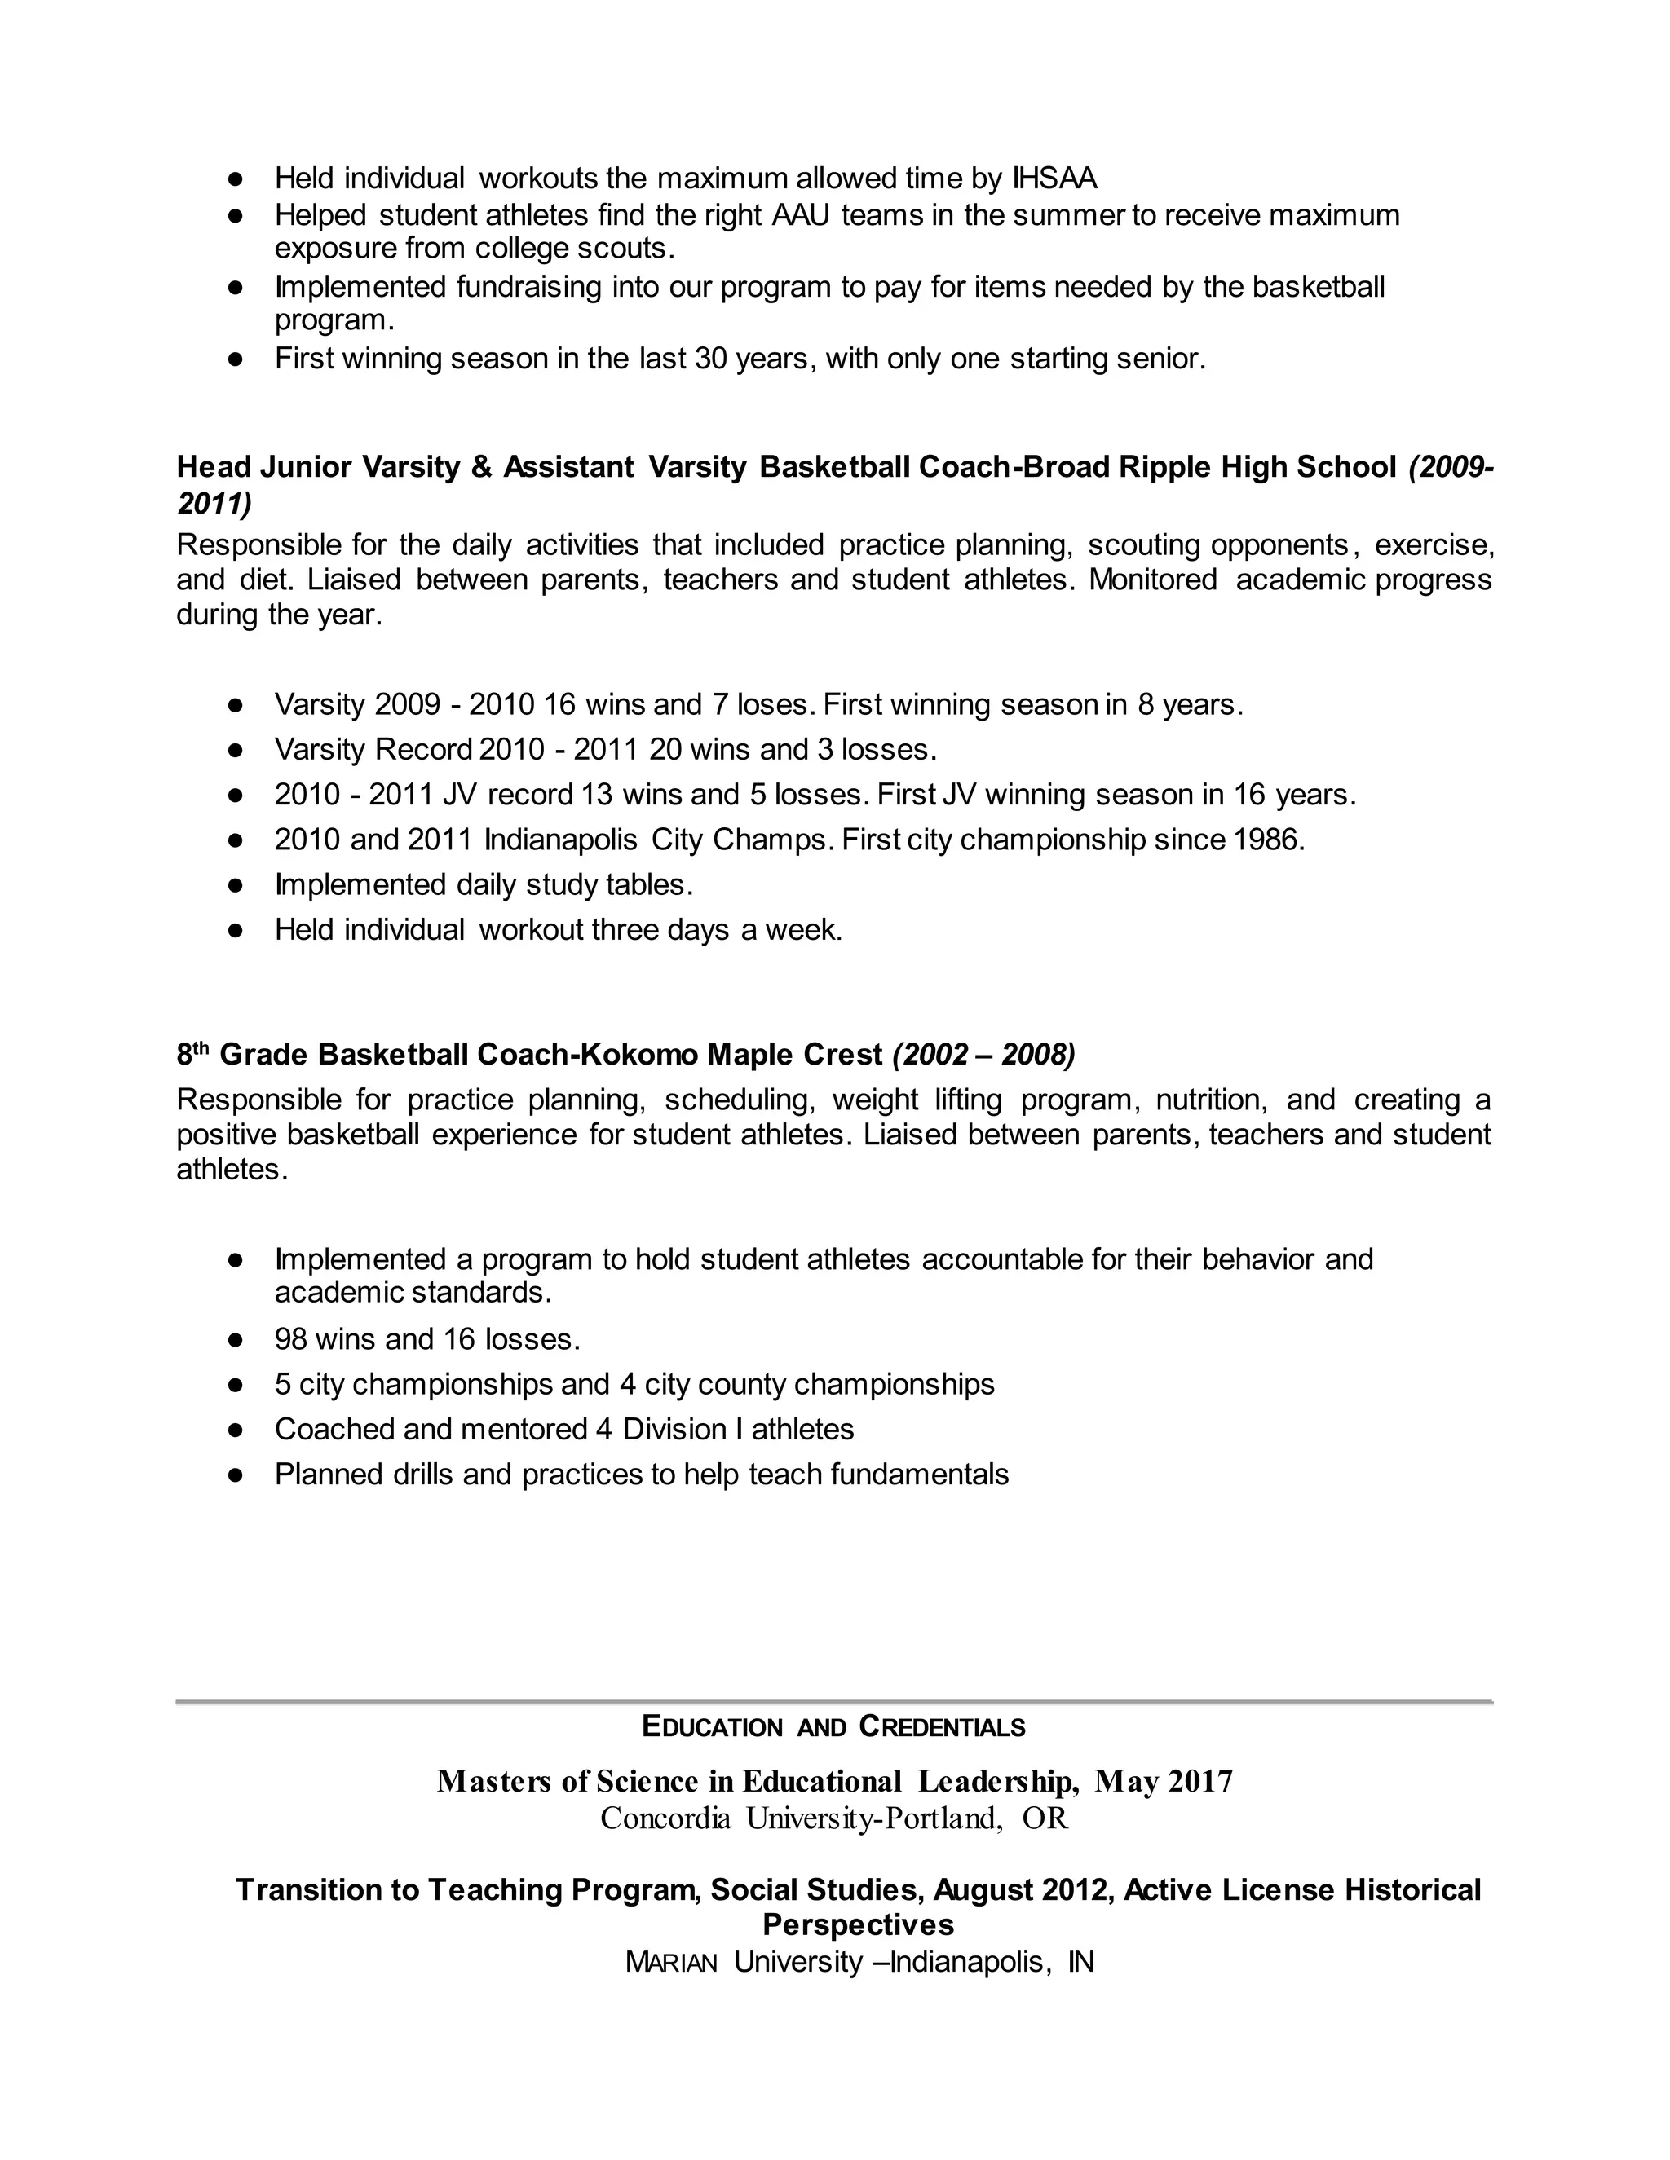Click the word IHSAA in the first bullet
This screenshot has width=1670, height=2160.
pos(1054,179)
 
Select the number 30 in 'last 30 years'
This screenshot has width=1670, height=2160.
pos(710,359)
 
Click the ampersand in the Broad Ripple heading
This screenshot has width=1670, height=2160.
pos(481,467)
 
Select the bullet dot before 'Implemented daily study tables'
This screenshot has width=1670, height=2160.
pos(236,885)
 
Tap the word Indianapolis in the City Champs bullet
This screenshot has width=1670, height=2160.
pos(561,840)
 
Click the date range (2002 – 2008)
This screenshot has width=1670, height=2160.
pos(983,1056)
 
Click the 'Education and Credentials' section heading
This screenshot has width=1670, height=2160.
pos(834,1728)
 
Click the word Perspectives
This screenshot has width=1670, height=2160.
pos(858,1924)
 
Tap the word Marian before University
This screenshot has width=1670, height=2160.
pos(671,1962)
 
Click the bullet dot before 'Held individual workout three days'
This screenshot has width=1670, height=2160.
pos(236,931)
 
